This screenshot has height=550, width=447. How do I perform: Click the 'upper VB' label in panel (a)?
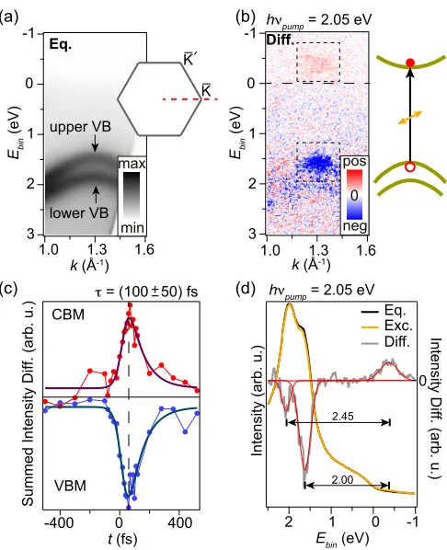(x=80, y=127)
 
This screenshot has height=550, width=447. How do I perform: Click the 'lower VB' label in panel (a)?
(x=79, y=212)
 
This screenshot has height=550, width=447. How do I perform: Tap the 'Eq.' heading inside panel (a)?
(x=60, y=44)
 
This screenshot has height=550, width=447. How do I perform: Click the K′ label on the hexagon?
(x=189, y=59)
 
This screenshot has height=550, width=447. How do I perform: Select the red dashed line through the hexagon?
(x=190, y=99)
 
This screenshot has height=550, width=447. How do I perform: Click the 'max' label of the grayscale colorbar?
(x=132, y=164)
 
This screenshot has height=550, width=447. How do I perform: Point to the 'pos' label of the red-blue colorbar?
(x=354, y=162)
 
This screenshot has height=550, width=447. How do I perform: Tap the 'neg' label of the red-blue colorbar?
(x=354, y=226)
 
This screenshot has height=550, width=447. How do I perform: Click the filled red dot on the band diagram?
(x=410, y=63)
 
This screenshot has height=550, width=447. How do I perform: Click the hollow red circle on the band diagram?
(x=410, y=167)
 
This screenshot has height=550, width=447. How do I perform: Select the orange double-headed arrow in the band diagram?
(x=410, y=118)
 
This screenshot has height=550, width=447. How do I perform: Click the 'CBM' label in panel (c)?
(x=68, y=315)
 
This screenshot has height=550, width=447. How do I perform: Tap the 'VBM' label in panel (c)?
(x=70, y=487)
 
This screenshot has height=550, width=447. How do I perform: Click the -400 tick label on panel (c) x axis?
(x=59, y=522)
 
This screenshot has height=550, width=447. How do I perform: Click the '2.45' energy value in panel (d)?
(x=341, y=417)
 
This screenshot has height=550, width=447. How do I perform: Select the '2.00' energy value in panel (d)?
(x=342, y=479)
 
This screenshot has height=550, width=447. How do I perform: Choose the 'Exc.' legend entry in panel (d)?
(x=398, y=326)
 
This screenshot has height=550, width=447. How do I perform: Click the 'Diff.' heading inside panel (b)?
(x=281, y=40)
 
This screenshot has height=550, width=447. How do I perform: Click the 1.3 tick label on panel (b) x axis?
(x=316, y=250)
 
